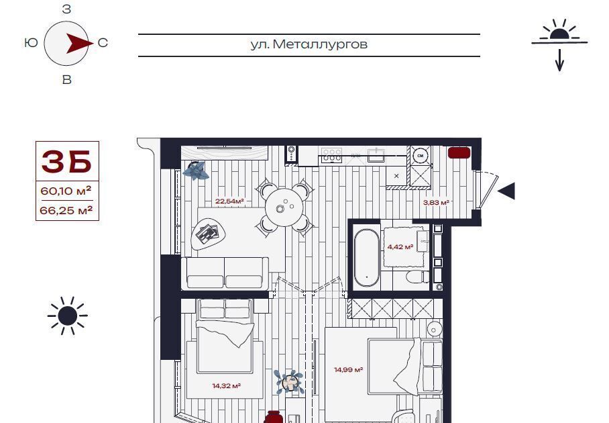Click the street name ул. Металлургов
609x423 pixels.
coord(309,44)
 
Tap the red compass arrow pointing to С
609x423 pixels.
coord(80,43)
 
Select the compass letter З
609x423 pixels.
coord(67,9)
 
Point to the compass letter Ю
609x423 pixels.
coord(31,42)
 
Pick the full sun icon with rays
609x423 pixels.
coord(68,316)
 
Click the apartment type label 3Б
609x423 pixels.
coord(67,161)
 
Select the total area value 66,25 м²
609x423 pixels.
coord(66,210)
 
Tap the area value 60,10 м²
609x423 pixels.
coord(66,191)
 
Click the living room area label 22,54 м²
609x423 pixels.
coord(229,201)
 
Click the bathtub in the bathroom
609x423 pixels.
coord(367,257)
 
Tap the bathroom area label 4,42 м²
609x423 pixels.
coord(400,246)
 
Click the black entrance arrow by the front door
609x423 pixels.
coord(506,191)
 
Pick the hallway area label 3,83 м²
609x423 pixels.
coord(436,202)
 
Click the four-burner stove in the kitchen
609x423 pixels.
coord(332,154)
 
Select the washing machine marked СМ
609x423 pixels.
coord(421,156)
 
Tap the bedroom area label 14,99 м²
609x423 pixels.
coord(348,369)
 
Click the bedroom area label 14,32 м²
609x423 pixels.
coord(227,385)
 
